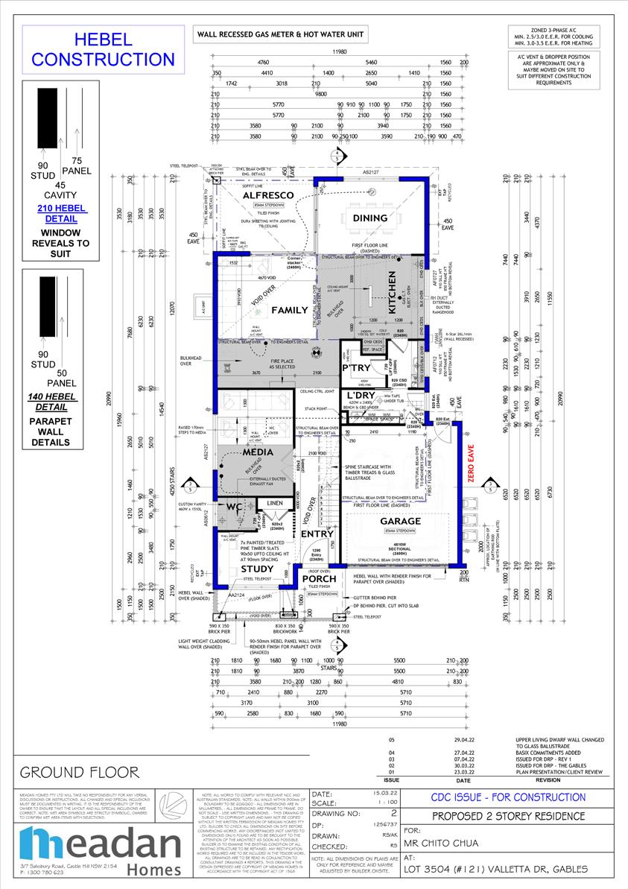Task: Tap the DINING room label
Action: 370,218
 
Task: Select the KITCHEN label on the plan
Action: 393,291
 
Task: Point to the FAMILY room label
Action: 289,309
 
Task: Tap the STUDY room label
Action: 257,569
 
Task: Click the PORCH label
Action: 319,578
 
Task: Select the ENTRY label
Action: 317,534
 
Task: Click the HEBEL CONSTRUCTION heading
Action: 103,49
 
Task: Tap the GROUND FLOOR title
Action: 80,771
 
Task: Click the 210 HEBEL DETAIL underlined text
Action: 62,214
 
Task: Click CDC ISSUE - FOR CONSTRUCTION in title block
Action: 509,797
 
